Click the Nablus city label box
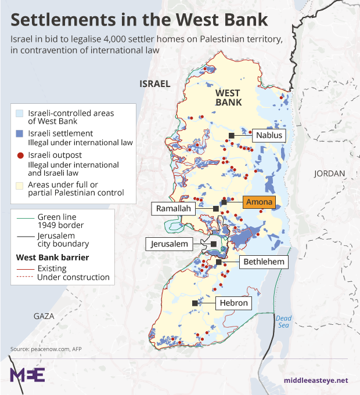[x=269, y=135]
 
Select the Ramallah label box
[x=174, y=208]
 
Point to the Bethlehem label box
[x=264, y=262]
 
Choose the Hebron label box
[x=234, y=303]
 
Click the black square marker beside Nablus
[x=232, y=135]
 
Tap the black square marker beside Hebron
[x=197, y=303]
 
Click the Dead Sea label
[x=283, y=321]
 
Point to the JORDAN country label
[x=329, y=173]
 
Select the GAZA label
[x=44, y=316]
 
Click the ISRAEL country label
[x=155, y=84]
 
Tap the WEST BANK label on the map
[x=228, y=97]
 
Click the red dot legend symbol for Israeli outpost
[x=21, y=155]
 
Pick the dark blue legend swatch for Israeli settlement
[x=21, y=133]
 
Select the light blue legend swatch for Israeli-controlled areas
[x=21, y=114]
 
